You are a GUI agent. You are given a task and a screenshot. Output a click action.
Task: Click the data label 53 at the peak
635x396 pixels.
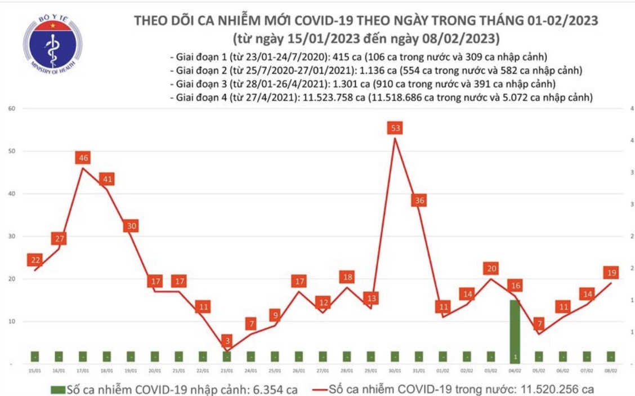[395, 128]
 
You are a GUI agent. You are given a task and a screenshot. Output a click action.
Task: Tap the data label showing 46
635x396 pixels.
[83, 158]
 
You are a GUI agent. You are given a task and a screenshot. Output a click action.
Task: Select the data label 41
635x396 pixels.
[107, 180]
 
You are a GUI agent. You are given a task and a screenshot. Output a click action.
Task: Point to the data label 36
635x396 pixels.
[419, 201]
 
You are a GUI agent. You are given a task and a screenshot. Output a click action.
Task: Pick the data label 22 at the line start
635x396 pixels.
[35, 260]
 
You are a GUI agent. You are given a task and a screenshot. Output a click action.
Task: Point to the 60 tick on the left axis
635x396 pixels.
[11, 108]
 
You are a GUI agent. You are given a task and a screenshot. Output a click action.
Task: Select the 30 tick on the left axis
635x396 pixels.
[11, 236]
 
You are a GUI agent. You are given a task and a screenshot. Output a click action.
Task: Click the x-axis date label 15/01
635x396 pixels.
[35, 371]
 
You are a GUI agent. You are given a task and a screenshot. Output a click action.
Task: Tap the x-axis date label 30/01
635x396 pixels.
[395, 371]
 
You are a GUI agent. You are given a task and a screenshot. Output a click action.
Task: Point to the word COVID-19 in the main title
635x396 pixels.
[325, 21]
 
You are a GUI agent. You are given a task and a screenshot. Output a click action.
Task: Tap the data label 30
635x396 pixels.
[131, 226]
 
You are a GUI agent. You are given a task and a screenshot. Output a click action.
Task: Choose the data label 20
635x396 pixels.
[491, 268]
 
